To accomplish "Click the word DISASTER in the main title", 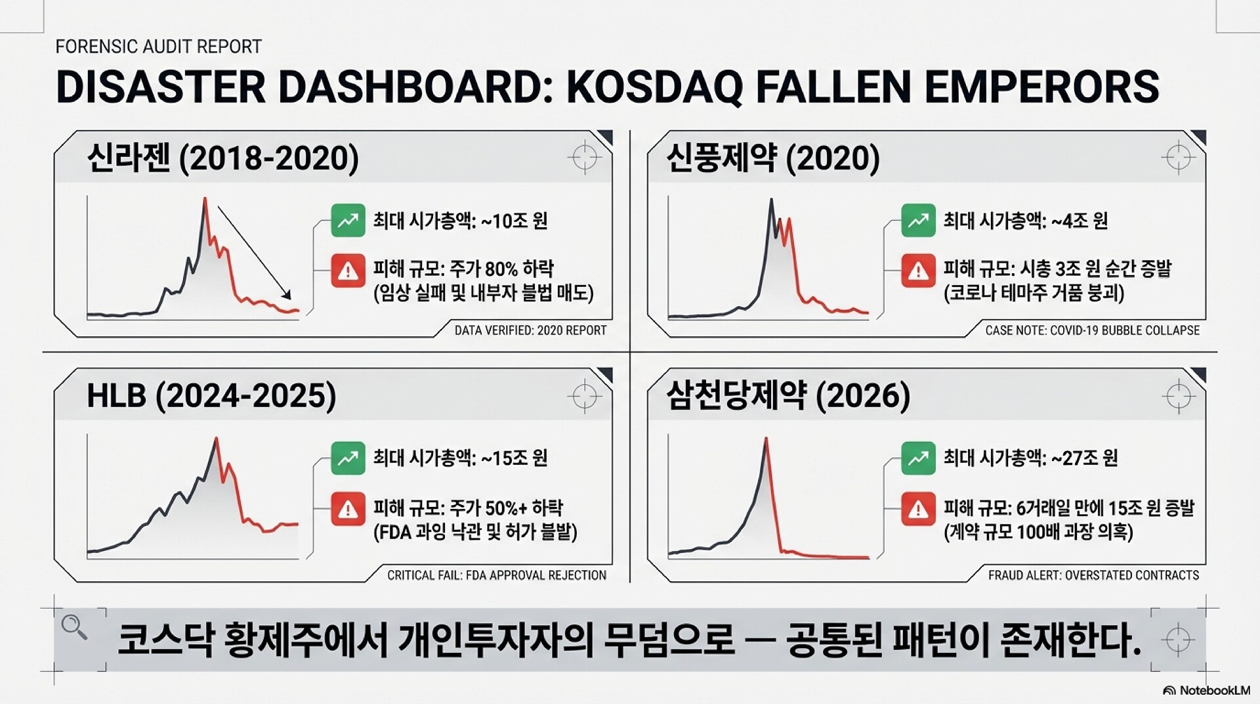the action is coord(161,86).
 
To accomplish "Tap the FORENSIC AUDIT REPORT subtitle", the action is coord(159,47).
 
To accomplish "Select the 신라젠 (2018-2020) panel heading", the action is coord(223,158).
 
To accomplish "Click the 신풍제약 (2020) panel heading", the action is coord(773,158).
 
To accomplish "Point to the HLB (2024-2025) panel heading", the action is coord(211,396).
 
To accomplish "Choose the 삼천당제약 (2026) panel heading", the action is coord(788,396).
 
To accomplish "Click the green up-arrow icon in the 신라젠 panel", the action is coord(348,221).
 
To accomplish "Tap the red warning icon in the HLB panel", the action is coord(348,509).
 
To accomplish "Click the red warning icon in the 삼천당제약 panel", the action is coord(918,509).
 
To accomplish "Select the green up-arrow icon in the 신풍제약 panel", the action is coord(918,221).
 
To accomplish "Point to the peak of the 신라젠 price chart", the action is coord(205,198).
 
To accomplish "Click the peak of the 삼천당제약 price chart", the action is coord(766,439).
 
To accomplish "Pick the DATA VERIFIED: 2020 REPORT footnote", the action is coord(530,330).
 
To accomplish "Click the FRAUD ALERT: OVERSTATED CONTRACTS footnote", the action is coord(1093,575).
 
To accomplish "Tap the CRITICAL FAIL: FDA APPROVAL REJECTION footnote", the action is coord(497,575).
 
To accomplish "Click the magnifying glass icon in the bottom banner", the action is coord(74,628).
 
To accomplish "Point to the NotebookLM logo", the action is coord(1207,690).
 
